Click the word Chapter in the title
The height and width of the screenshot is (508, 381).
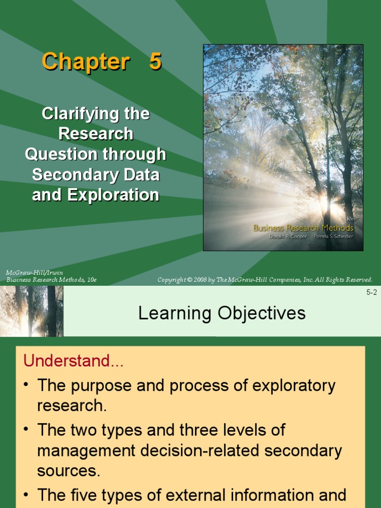[x=85, y=62]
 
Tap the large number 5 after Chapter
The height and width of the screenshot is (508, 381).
[x=155, y=62]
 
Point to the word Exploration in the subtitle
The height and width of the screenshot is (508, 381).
[x=113, y=195]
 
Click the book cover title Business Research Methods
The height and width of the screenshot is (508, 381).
[x=303, y=228]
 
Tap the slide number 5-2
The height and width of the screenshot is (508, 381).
[x=372, y=292]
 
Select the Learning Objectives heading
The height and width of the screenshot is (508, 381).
[x=222, y=314]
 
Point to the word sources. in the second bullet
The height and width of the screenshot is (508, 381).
[x=69, y=471]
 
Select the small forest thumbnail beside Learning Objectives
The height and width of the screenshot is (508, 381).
[x=32, y=311]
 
